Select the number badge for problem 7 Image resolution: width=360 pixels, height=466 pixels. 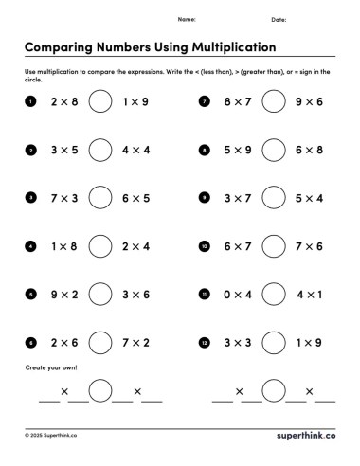204,101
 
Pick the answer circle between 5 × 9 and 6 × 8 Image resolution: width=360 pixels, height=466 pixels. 274,151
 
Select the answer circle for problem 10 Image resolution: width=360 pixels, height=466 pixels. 274,247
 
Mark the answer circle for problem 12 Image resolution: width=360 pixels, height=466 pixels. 274,343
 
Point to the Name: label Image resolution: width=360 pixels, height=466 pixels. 187,19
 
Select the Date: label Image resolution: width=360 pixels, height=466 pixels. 279,19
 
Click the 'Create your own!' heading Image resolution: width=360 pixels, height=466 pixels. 48,367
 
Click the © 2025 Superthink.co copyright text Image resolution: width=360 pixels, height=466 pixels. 51,436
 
